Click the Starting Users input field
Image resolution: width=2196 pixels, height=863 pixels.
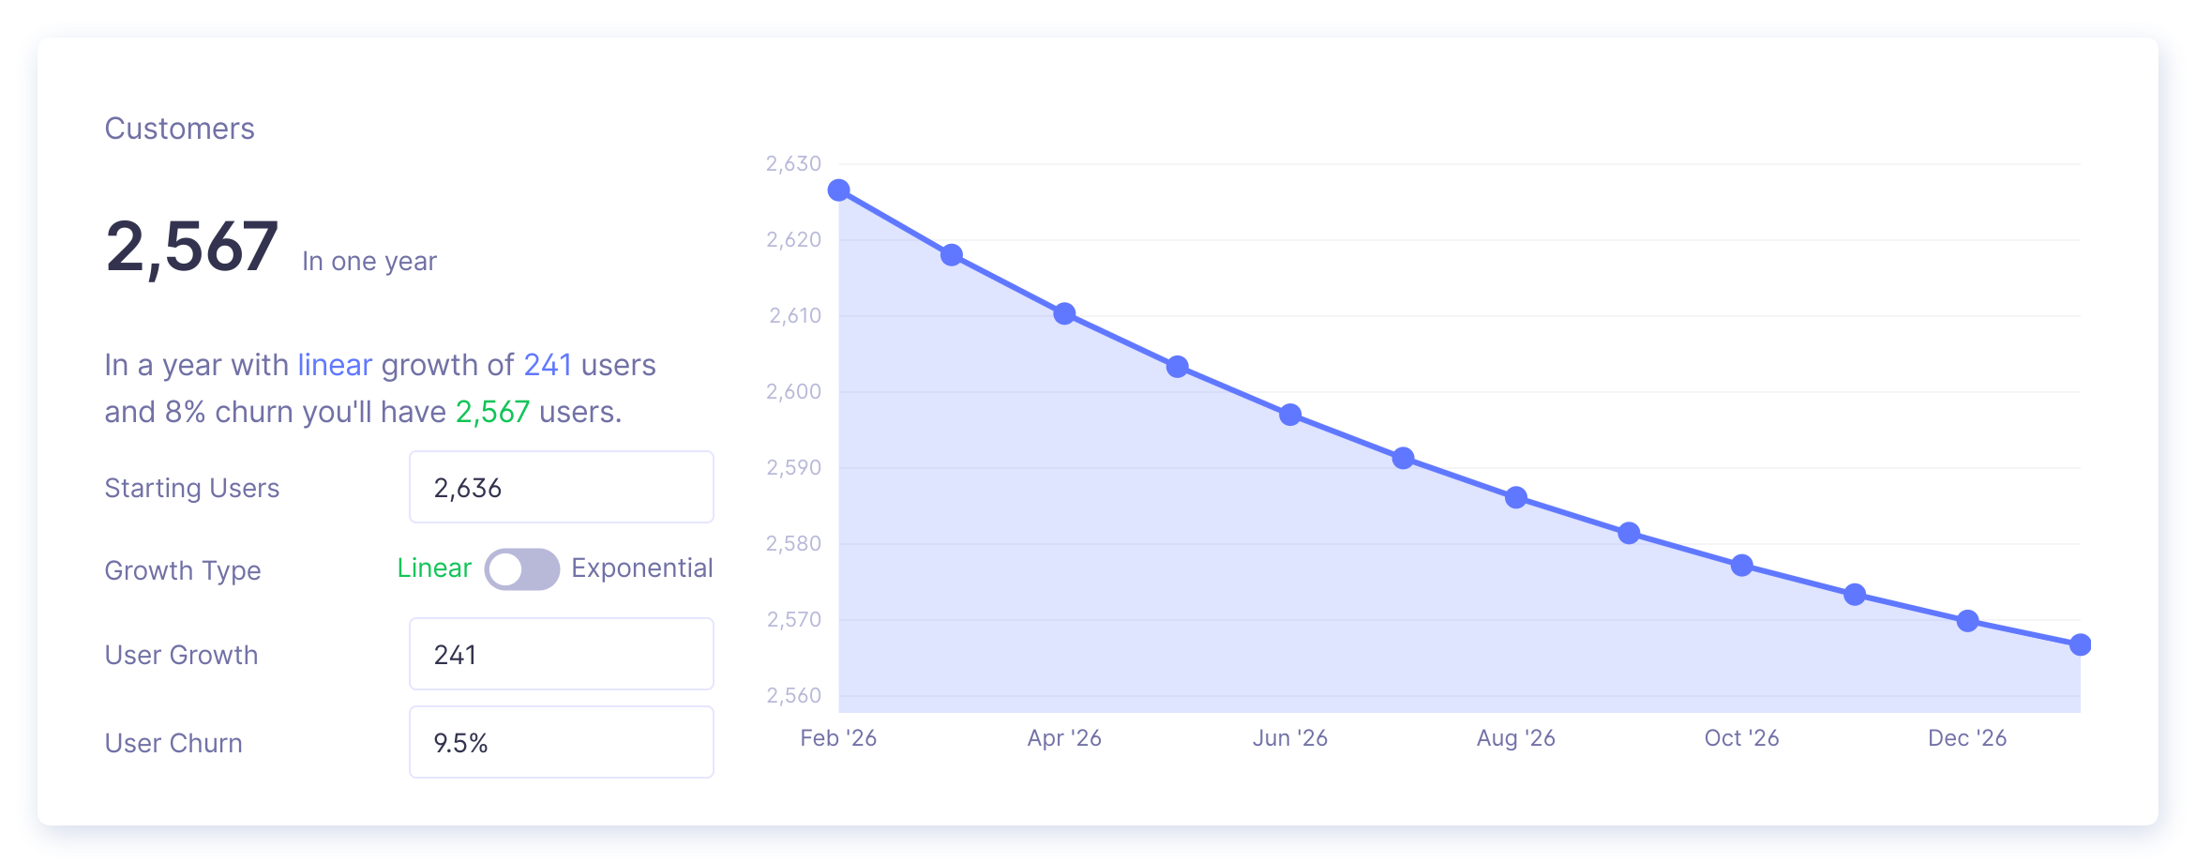pos(561,487)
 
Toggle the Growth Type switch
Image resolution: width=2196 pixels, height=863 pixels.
pos(521,569)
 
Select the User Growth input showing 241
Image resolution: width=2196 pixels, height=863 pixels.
pos(561,654)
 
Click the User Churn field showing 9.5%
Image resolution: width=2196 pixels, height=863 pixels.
pos(561,742)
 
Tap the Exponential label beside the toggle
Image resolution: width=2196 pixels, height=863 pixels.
pos(642,568)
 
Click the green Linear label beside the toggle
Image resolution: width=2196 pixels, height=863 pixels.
pos(434,568)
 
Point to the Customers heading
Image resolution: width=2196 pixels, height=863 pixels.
pos(179,129)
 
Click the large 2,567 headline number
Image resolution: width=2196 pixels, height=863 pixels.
pos(192,247)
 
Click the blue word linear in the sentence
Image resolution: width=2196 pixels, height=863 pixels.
pos(335,365)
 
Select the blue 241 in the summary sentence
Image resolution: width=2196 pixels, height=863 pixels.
pos(548,365)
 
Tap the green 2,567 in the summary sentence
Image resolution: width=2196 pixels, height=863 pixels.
pos(492,412)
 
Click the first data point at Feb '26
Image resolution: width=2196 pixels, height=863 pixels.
pos(839,191)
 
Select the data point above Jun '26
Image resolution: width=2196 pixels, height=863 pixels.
pos(1290,415)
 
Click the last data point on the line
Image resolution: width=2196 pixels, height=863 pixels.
pos(2080,644)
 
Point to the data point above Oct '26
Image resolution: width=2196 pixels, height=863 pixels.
pos(1741,566)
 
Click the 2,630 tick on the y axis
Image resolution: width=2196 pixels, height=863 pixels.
pos(793,164)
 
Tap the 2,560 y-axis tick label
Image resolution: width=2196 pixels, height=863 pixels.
pos(793,695)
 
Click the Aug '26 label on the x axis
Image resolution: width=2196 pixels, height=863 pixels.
pos(1515,738)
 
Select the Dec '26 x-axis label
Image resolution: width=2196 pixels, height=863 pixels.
pos(1966,738)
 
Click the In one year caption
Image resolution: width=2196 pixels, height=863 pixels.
pos(369,262)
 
